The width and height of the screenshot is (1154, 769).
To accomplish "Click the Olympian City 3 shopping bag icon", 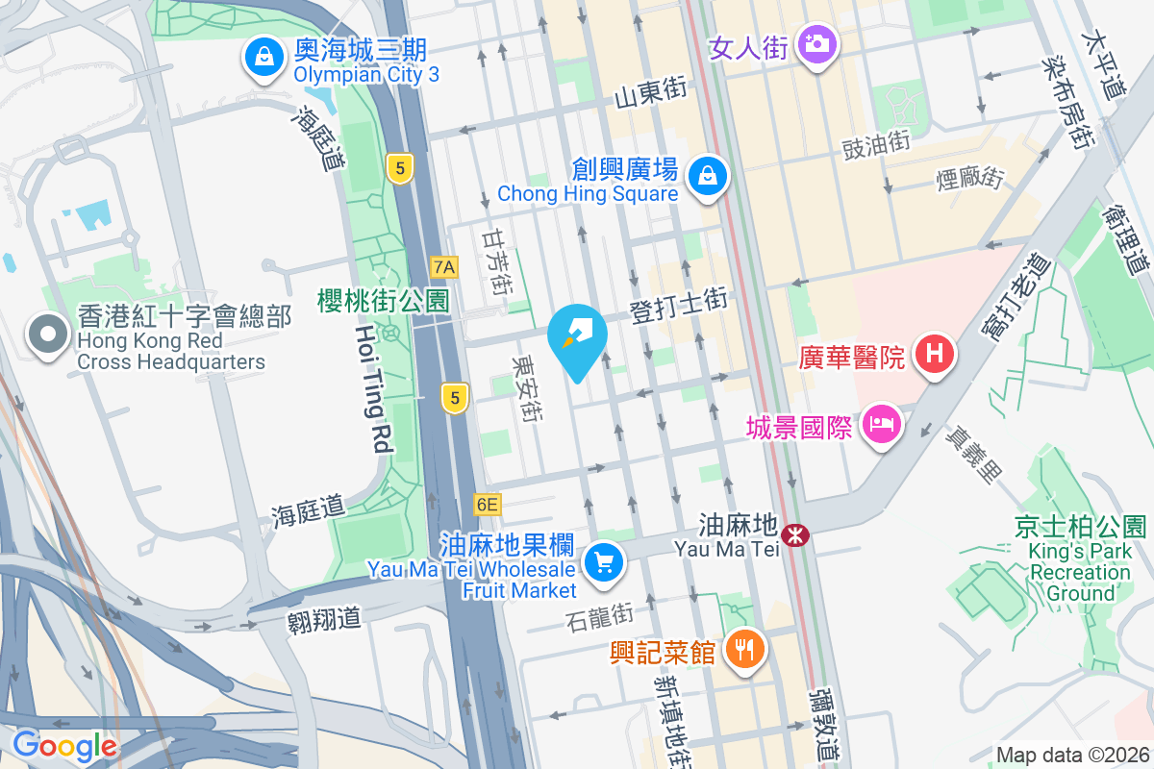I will click(262, 58).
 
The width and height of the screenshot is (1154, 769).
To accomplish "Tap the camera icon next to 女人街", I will click(817, 44).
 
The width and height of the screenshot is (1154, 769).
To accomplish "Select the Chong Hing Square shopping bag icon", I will click(708, 176).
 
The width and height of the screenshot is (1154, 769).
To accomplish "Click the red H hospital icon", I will click(934, 355).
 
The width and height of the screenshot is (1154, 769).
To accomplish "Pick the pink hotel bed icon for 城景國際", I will click(881, 423).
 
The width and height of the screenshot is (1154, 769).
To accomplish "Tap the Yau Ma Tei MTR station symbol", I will click(795, 535).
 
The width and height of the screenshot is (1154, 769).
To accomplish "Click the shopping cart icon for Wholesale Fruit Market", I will click(603, 562).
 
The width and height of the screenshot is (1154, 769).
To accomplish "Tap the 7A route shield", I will click(444, 266).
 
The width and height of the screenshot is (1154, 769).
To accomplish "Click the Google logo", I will click(64, 745).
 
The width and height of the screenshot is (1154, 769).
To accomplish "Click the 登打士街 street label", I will click(678, 307).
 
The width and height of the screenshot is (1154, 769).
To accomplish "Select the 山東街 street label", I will click(650, 92).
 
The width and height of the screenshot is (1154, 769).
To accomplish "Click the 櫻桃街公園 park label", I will click(384, 301).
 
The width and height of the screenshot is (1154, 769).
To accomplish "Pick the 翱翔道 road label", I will click(324, 617).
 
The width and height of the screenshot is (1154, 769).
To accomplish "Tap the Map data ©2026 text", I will click(1071, 756).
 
